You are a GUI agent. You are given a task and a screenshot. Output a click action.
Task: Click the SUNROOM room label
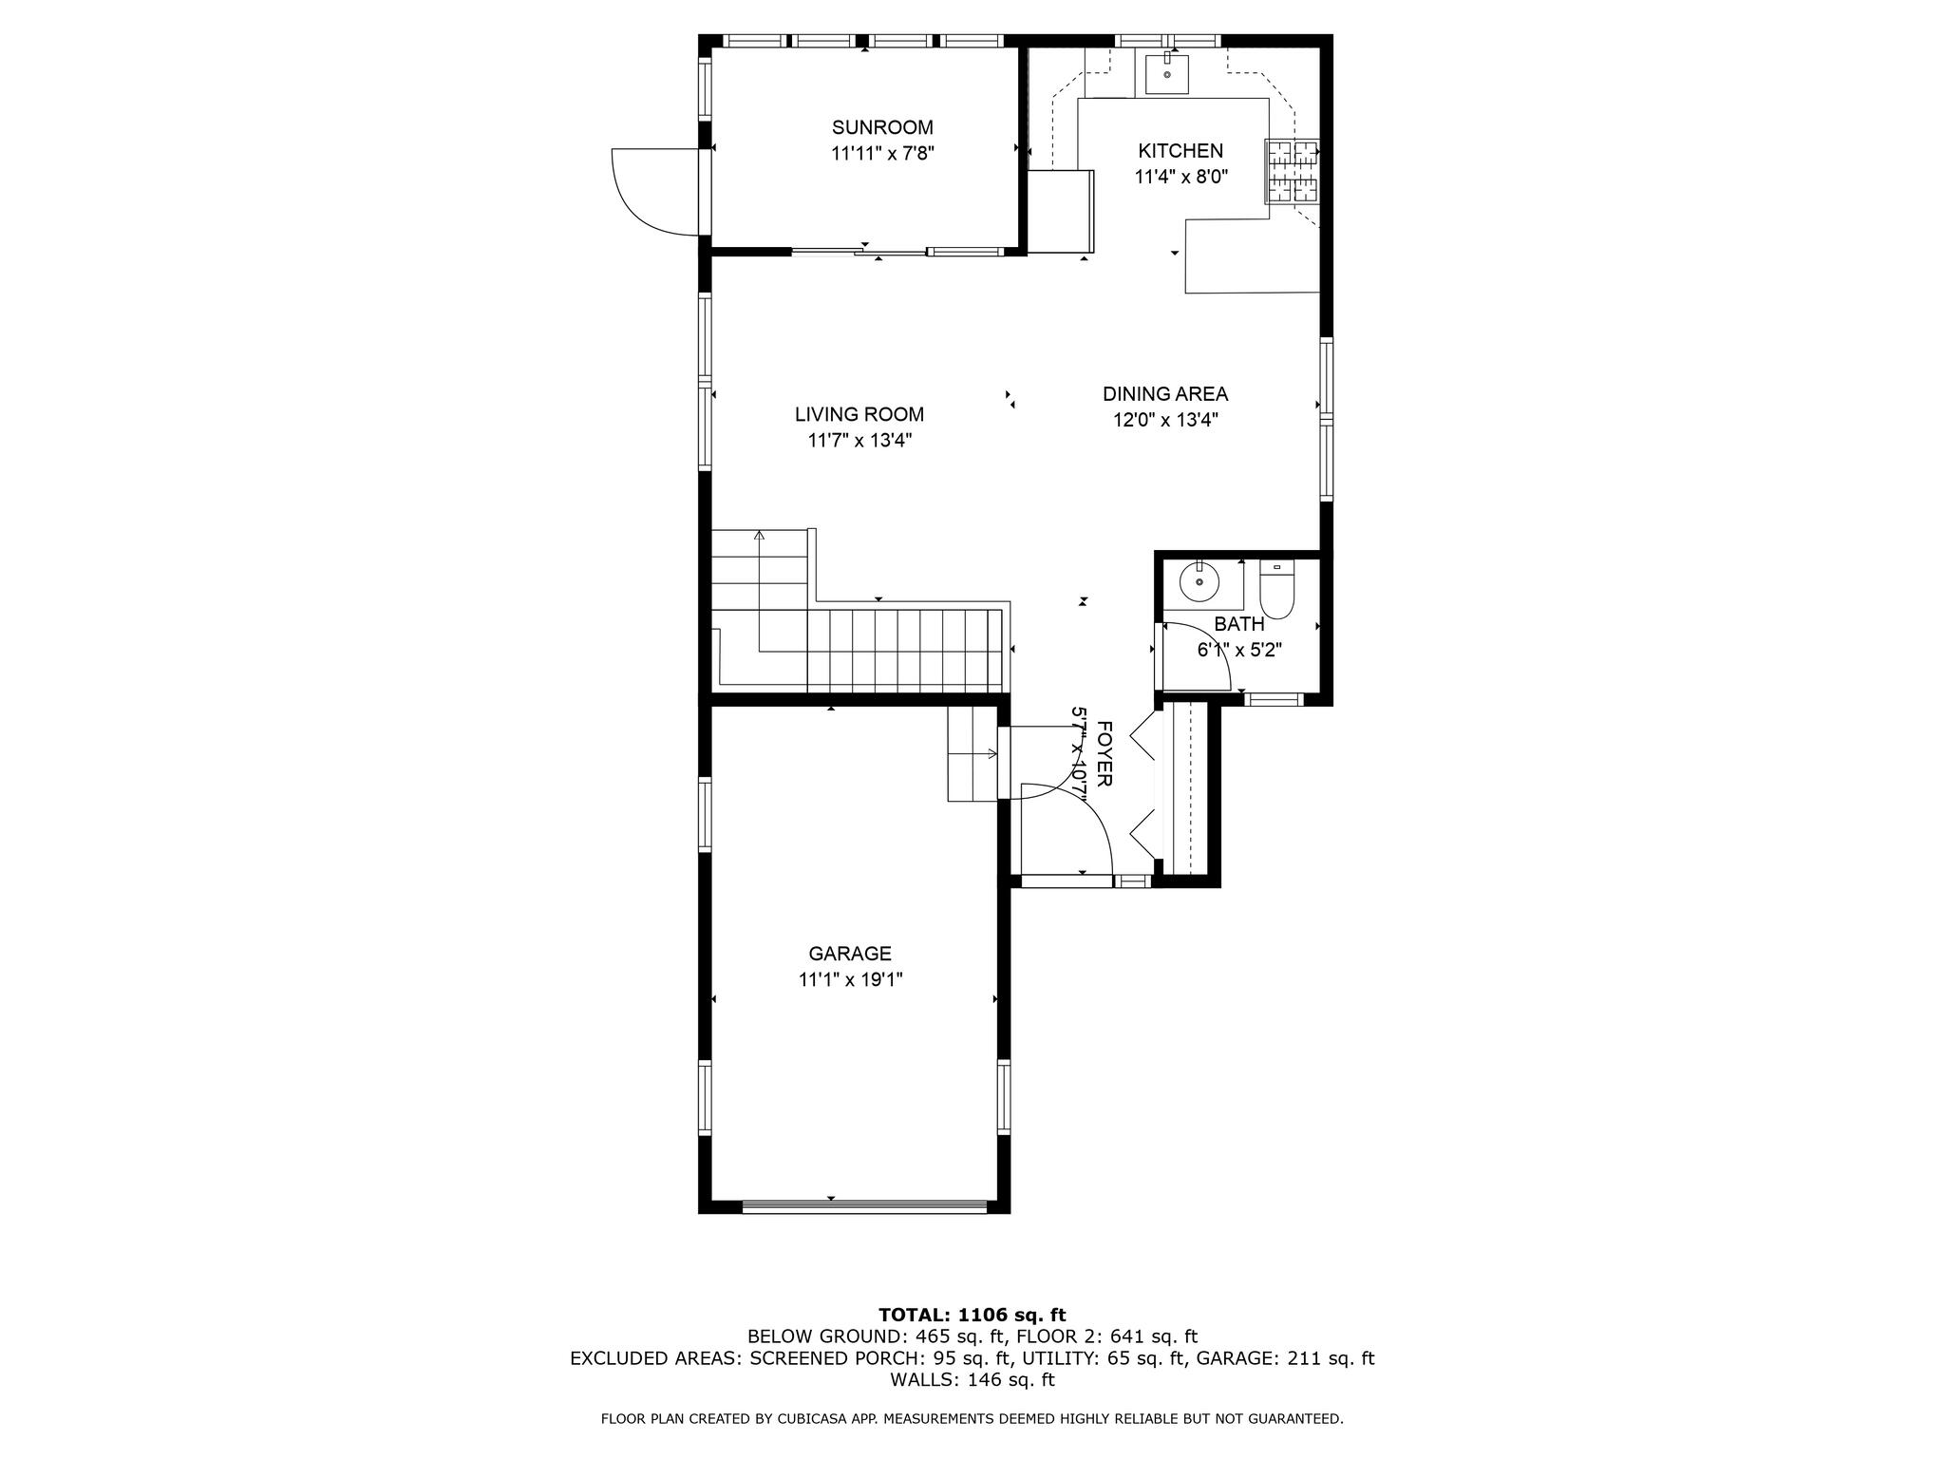coord(882,127)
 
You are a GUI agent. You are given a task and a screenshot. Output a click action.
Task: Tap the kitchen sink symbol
coord(1166,73)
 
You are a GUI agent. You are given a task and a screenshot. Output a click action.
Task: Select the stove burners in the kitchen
coord(1293,171)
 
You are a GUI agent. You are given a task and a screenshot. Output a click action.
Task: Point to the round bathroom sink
coord(1200,581)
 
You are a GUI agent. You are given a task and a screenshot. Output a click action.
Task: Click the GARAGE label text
coord(850,954)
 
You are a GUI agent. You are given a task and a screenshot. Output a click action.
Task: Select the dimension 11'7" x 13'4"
coord(859,441)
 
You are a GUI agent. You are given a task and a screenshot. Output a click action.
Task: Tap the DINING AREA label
coord(1165,394)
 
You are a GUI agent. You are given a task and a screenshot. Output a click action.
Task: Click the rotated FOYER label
coord(1105,754)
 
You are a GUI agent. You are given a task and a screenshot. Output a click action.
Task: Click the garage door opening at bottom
coord(864,1207)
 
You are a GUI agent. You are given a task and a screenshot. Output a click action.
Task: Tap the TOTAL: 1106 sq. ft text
coord(972,1316)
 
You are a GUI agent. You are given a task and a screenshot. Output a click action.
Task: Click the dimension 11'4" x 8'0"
coord(1180,177)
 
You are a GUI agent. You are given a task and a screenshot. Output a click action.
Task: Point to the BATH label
coord(1239,624)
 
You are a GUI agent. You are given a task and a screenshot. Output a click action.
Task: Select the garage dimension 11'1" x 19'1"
coord(850,980)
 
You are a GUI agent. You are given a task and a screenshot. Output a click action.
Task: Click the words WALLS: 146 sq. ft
coord(972,1380)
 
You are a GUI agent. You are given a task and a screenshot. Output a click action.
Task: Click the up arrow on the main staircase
coord(759,537)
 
